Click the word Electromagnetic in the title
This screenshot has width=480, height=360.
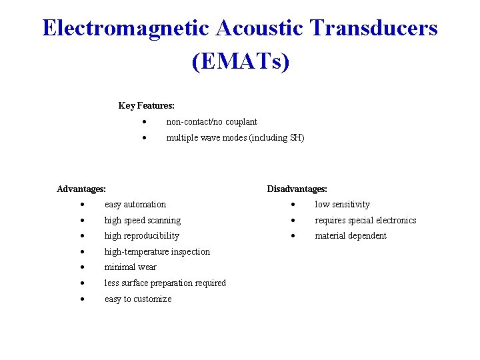point(125,29)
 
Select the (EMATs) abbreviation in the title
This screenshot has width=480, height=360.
point(240,61)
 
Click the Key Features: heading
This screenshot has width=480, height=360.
point(146,105)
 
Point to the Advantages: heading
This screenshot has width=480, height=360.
point(81,189)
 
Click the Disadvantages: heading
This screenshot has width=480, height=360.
point(297,189)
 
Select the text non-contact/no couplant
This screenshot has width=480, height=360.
point(211,121)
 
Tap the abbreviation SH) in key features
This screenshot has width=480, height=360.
point(297,137)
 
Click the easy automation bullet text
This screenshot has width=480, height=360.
point(135,204)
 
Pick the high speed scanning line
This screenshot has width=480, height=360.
point(143,220)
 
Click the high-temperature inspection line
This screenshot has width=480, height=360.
point(157,251)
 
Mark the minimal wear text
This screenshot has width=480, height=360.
point(130,267)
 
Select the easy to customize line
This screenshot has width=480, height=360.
point(138,299)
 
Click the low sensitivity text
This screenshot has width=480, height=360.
point(342,204)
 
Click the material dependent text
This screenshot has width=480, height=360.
point(351,236)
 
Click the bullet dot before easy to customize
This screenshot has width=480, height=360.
point(81,299)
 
